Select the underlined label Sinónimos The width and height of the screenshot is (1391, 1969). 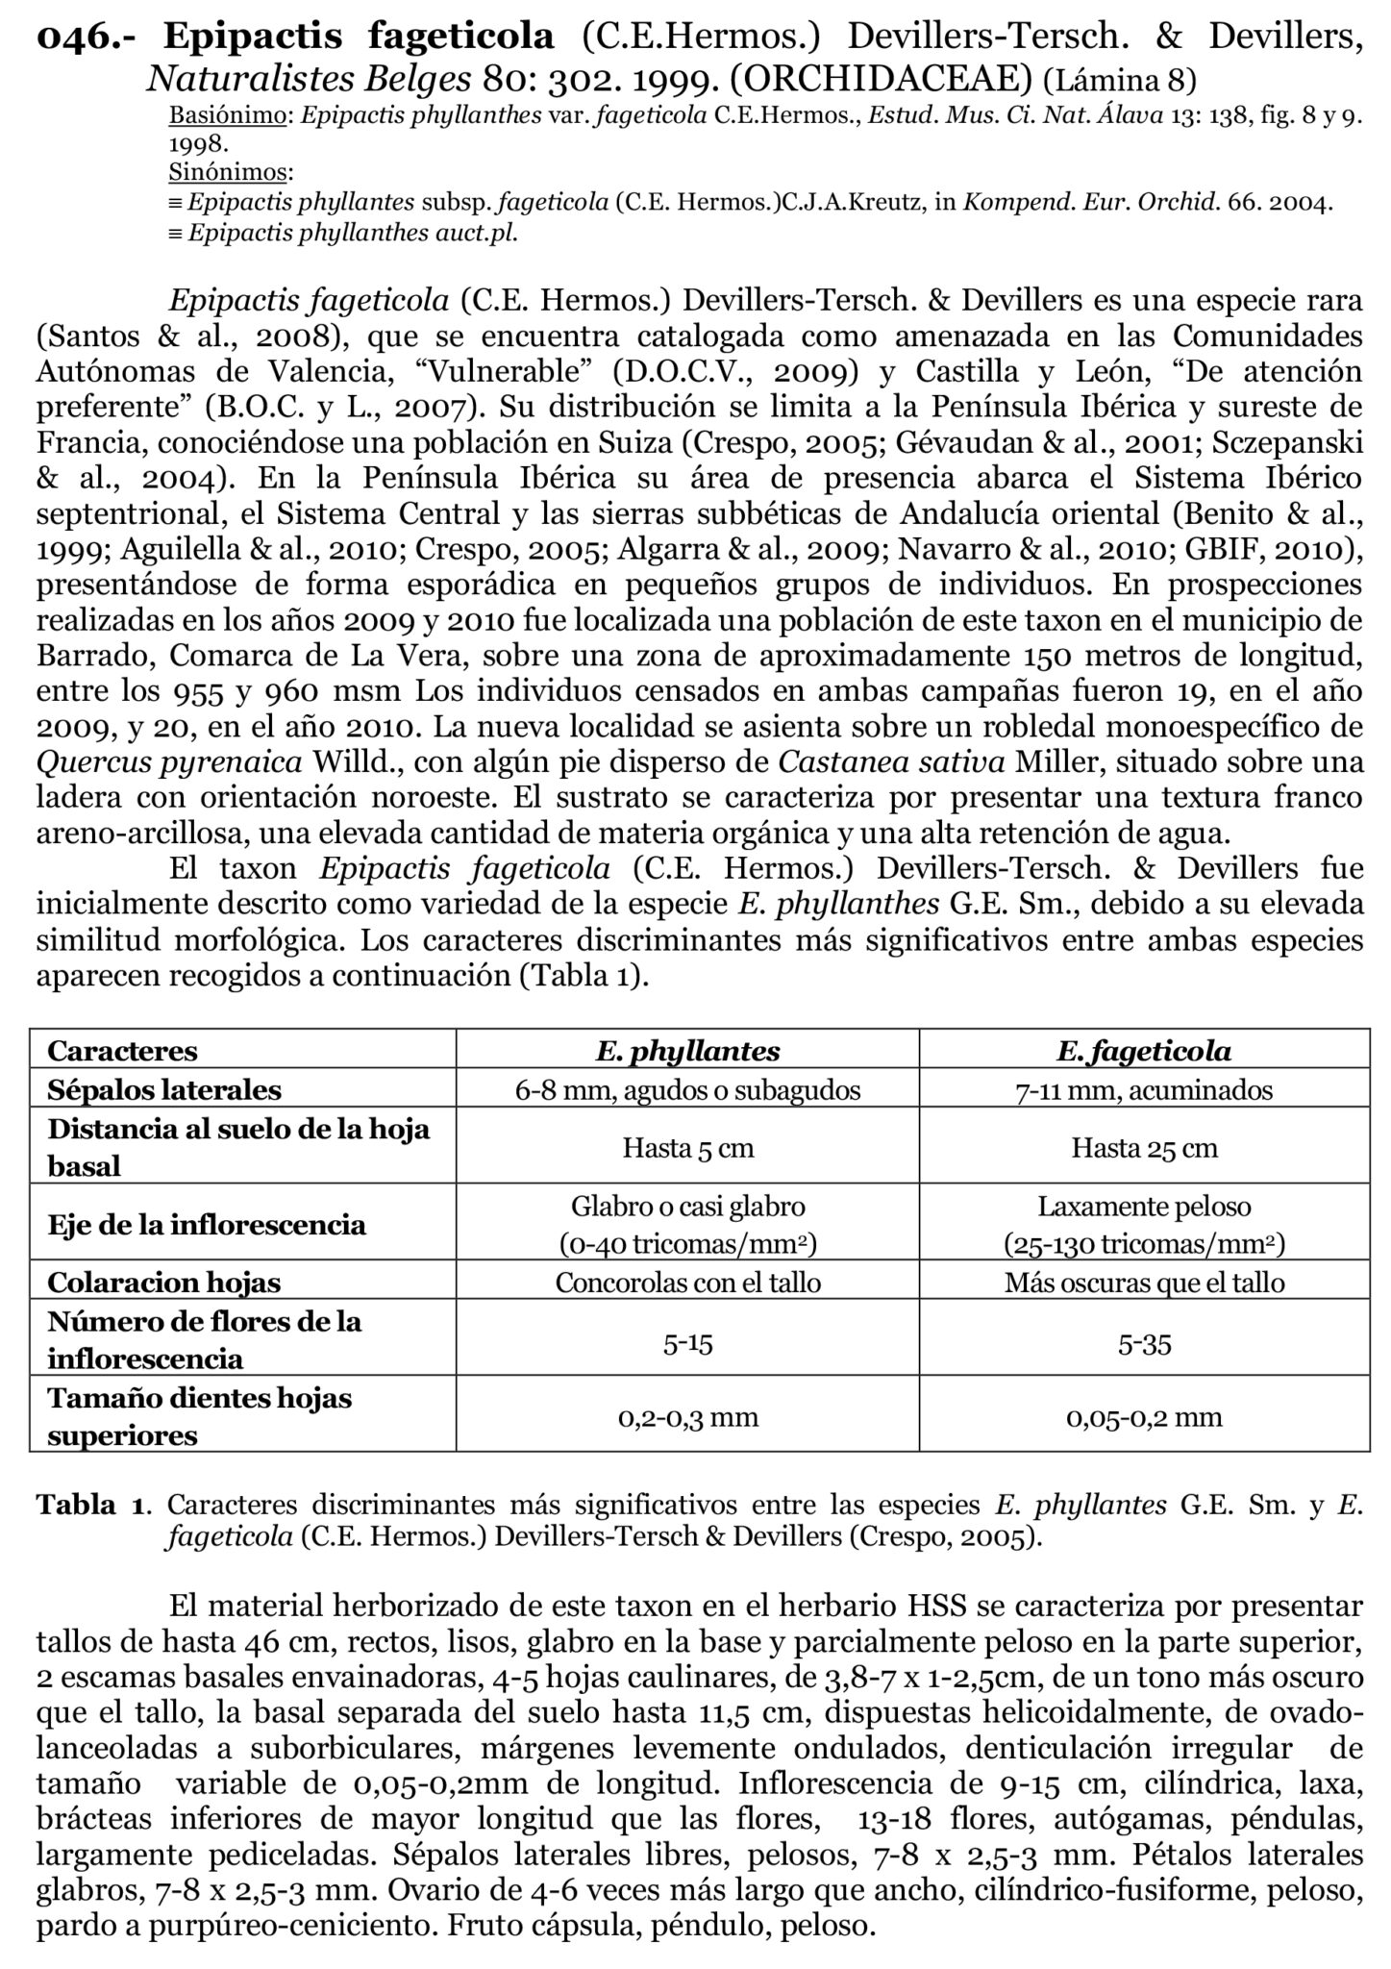point(227,173)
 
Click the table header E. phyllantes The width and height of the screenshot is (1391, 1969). point(687,1051)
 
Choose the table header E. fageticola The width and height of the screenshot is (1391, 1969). point(1144,1051)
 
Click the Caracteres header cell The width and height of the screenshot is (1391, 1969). point(122,1051)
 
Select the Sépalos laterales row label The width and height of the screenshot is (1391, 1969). point(164,1090)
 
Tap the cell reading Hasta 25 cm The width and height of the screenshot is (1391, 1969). point(1144,1148)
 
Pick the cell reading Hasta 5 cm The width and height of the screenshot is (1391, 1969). point(687,1148)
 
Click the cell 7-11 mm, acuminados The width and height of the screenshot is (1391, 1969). point(1144,1090)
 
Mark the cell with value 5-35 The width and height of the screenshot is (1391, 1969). point(1144,1344)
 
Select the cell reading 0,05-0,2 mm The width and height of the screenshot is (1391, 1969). point(1144,1417)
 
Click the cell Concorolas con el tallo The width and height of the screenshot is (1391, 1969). point(687,1283)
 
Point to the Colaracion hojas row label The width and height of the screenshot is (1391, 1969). point(164,1283)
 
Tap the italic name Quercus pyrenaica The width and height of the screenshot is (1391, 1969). point(168,762)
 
